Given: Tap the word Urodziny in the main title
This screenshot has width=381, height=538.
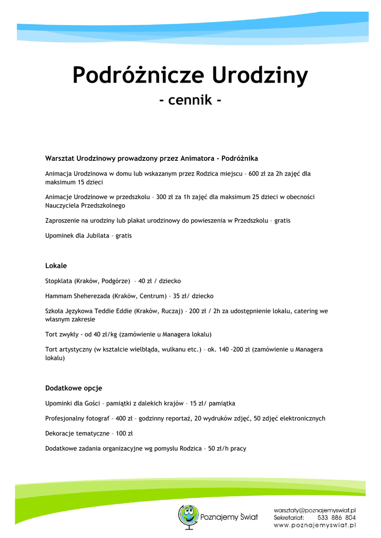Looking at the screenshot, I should [x=260, y=75].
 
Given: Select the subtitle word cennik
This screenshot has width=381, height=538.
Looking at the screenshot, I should [x=190, y=99].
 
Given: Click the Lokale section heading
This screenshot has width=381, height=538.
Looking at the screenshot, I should [x=56, y=266].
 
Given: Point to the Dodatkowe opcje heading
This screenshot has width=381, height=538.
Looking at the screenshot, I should [x=74, y=388].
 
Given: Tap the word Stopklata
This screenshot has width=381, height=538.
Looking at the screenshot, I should [x=59, y=281].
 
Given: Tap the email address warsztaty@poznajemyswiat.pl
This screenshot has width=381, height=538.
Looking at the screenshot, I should [x=314, y=510].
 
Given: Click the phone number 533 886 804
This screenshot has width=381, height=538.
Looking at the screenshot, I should [x=336, y=518].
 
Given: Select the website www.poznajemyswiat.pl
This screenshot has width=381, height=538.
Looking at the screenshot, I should [x=314, y=525].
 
